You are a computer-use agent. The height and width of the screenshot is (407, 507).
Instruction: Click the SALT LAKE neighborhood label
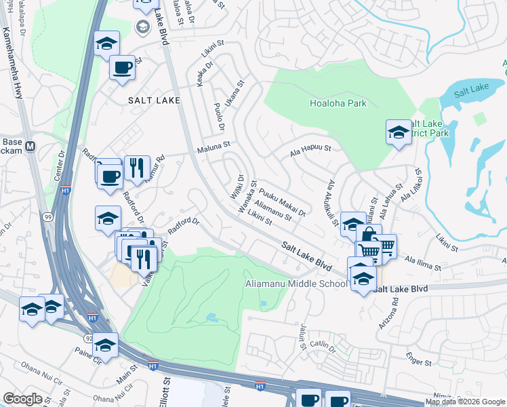click(155, 100)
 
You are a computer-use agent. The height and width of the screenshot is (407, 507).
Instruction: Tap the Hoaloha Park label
click(338, 103)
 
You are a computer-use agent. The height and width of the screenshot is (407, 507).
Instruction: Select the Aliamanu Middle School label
click(297, 284)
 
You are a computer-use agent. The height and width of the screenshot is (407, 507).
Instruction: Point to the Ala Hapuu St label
click(310, 147)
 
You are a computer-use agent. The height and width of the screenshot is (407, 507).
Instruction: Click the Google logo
click(22, 399)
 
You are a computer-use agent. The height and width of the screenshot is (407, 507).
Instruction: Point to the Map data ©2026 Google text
click(465, 402)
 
